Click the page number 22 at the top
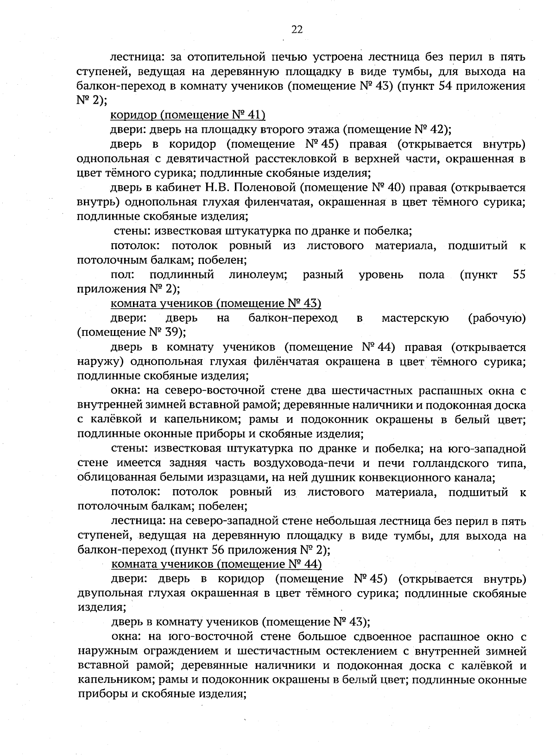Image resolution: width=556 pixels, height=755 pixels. tap(297, 30)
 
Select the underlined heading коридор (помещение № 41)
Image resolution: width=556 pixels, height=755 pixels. tap(188, 115)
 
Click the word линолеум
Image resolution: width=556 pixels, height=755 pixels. tap(258, 275)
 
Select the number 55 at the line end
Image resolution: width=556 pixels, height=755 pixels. tap(519, 275)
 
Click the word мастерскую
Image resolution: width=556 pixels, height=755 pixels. tap(415, 318)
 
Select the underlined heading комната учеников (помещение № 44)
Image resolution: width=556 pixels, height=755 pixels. tap(216, 564)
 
